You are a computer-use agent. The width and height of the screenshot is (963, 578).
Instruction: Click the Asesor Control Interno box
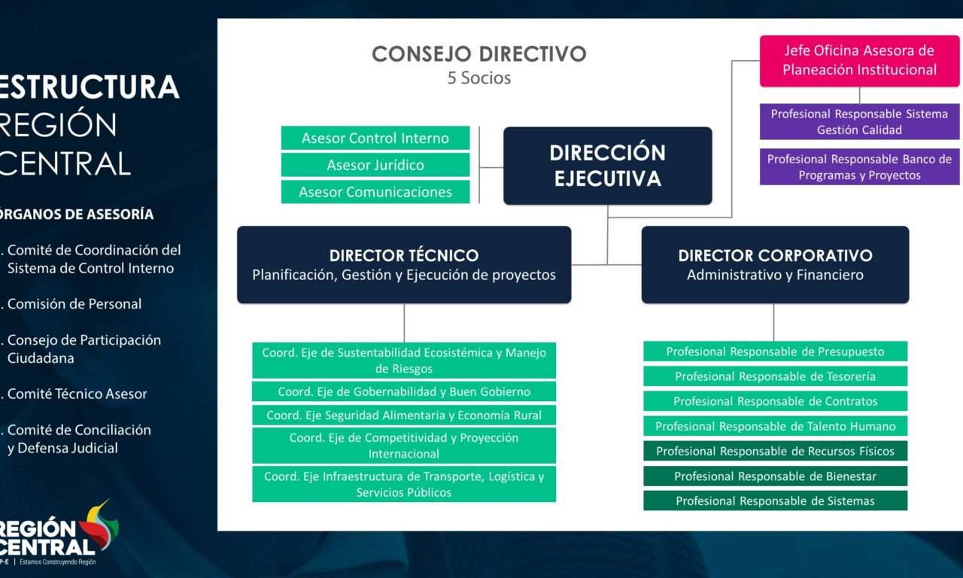pyautogui.click(x=375, y=138)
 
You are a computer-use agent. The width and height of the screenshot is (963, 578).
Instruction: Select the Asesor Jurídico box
pyautogui.click(x=375, y=165)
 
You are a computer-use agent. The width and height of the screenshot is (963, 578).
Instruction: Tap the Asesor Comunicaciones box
pyautogui.click(x=375, y=192)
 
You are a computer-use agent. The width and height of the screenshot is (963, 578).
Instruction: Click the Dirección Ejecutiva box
pyautogui.click(x=607, y=166)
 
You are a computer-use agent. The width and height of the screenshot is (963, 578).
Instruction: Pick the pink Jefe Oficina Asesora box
pyautogui.click(x=859, y=61)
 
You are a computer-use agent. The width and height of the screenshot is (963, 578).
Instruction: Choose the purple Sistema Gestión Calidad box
pyautogui.click(x=859, y=122)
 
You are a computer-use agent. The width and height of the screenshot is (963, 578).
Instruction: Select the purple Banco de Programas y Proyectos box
pyautogui.click(x=859, y=167)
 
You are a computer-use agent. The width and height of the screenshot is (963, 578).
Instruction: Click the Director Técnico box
pyautogui.click(x=404, y=265)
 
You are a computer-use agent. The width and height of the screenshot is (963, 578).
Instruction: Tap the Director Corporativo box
pyautogui.click(x=775, y=265)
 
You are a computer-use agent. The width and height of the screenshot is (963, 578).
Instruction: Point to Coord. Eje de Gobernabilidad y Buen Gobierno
pyautogui.click(x=404, y=391)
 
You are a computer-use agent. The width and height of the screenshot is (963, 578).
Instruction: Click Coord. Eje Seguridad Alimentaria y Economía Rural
pyautogui.click(x=404, y=415)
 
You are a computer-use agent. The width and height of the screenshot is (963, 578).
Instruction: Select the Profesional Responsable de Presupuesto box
pyautogui.click(x=775, y=351)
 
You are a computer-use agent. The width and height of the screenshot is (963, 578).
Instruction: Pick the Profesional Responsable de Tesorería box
pyautogui.click(x=775, y=376)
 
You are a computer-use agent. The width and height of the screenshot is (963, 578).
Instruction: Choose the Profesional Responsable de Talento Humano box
pyautogui.click(x=775, y=426)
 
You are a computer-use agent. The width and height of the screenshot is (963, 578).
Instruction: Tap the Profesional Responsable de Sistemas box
pyautogui.click(x=775, y=500)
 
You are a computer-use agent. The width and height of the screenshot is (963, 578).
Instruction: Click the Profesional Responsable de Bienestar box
pyautogui.click(x=775, y=476)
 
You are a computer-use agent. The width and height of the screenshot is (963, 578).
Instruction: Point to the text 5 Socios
pyautogui.click(x=479, y=78)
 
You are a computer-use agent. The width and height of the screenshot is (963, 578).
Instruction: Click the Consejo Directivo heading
pyautogui.click(x=479, y=53)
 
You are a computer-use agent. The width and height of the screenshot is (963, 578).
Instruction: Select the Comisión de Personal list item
pyautogui.click(x=74, y=304)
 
